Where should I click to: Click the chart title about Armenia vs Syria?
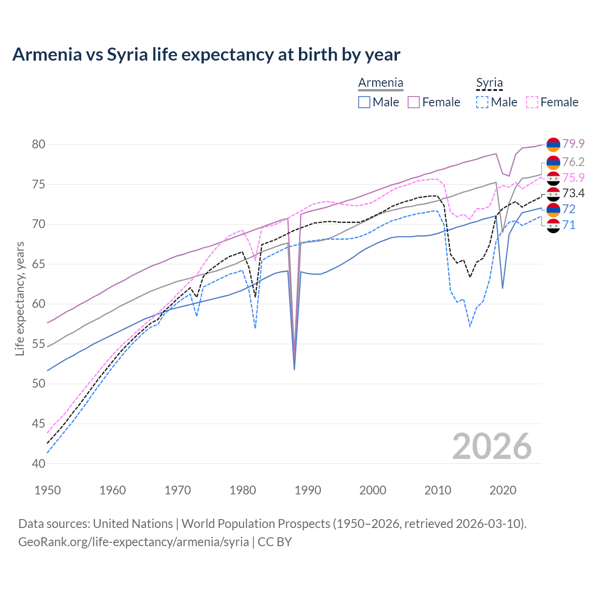pos(206,55)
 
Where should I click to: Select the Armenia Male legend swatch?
pos(364,102)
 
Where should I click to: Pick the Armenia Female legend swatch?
pos(414,102)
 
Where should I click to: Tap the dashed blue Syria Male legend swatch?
pos(482,102)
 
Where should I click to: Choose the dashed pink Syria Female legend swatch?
pos(532,102)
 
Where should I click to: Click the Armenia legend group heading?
pos(381,83)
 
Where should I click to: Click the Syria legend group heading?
pos(489,83)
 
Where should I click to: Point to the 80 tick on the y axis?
pos(39,144)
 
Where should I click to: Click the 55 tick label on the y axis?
pos(39,344)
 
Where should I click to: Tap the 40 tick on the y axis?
pos(39,464)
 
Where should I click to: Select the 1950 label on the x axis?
pos(48,490)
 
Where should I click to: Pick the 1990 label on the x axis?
pos(308,490)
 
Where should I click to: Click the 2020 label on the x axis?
pos(503,490)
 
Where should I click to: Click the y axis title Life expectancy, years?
pos(20,298)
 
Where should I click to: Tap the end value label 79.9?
pos(573,144)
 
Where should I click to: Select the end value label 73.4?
pos(573,193)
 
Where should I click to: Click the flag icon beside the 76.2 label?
pos(553,162)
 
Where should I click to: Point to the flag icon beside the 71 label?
pos(553,225)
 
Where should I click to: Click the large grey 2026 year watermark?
pos(492,446)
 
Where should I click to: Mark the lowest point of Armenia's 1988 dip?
pos(294,369)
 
